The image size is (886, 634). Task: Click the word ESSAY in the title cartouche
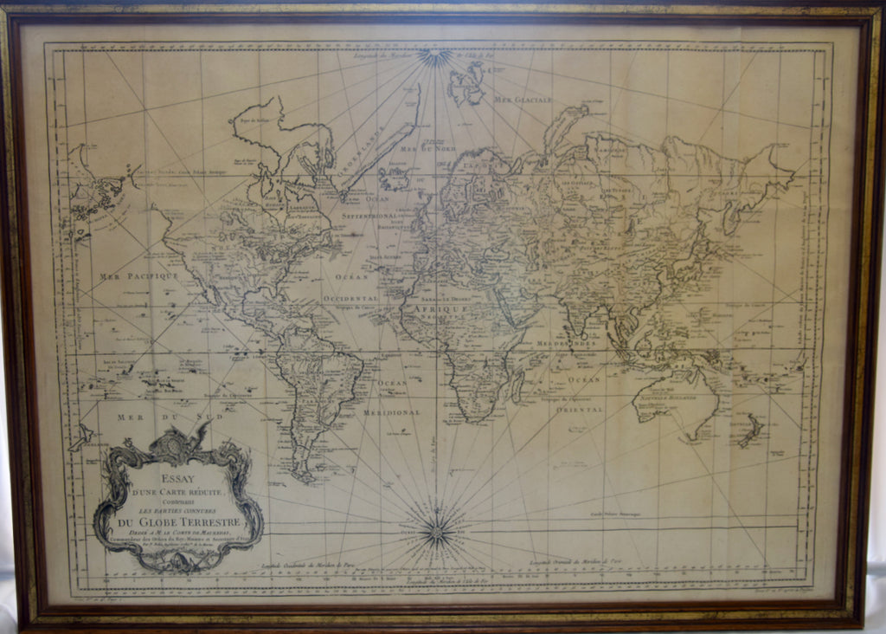coord(177,475)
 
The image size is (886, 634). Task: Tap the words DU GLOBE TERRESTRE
coord(177,522)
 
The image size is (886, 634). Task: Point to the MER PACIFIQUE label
coord(138,276)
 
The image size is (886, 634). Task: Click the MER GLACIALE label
coord(523,100)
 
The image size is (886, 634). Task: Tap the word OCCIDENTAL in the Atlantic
coord(356,297)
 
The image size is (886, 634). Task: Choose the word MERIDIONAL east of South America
coord(391,412)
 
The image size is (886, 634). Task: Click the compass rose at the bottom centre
coord(437,531)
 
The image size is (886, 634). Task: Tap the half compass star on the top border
coord(435,56)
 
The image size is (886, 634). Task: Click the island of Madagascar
coord(518,386)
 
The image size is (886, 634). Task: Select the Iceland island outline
coord(394,178)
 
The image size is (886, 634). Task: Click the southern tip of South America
coord(302,475)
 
